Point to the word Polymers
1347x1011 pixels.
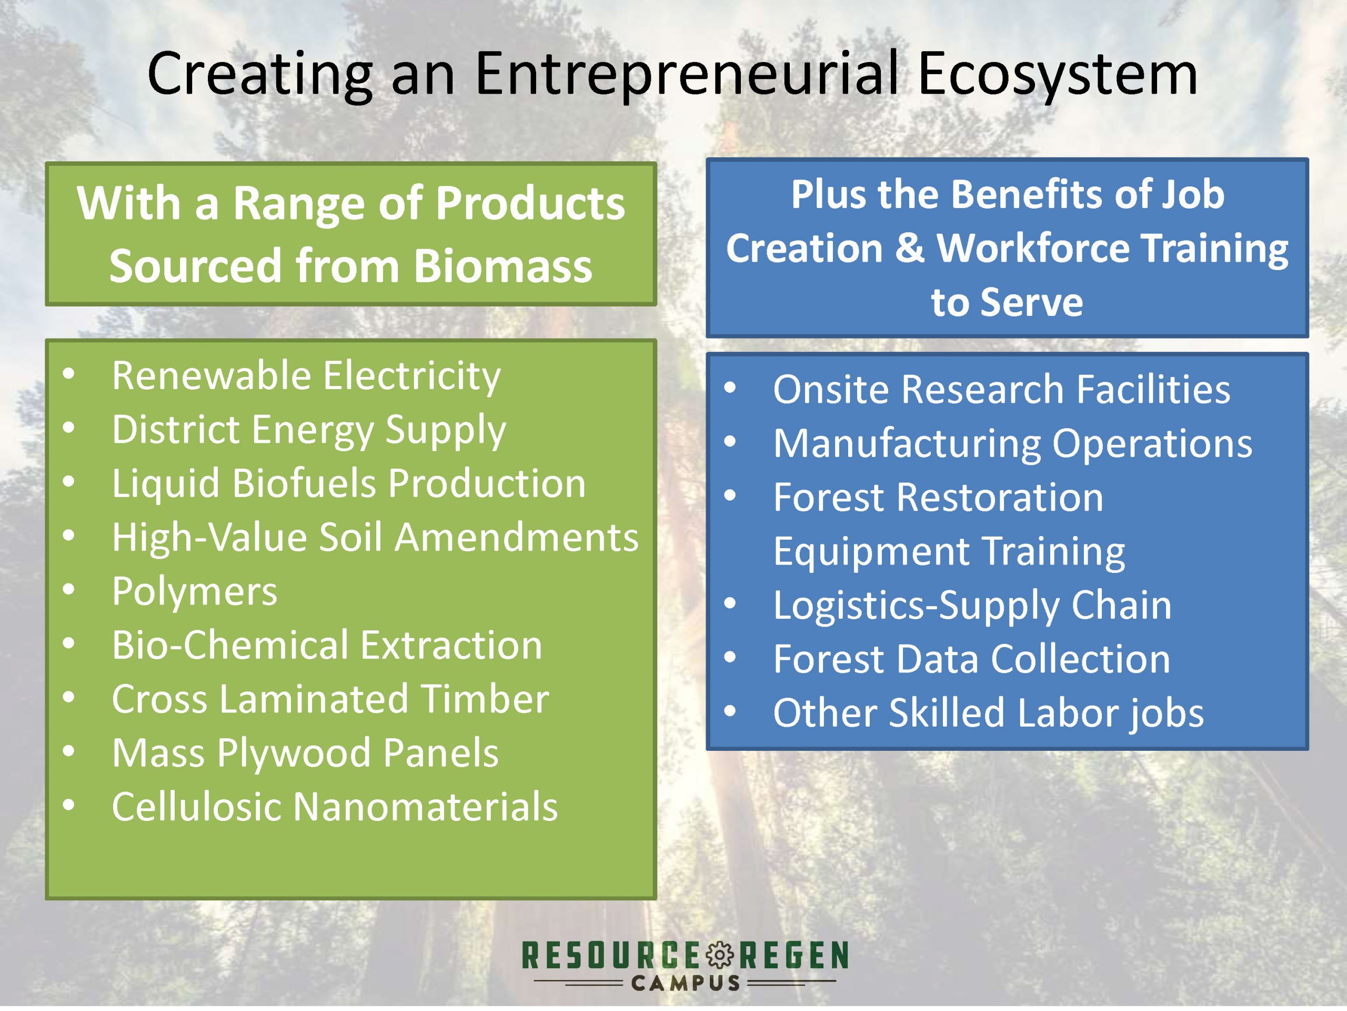click(194, 591)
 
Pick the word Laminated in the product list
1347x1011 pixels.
click(314, 698)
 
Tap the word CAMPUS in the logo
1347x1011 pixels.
click(686, 984)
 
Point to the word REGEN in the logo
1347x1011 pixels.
click(793, 955)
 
